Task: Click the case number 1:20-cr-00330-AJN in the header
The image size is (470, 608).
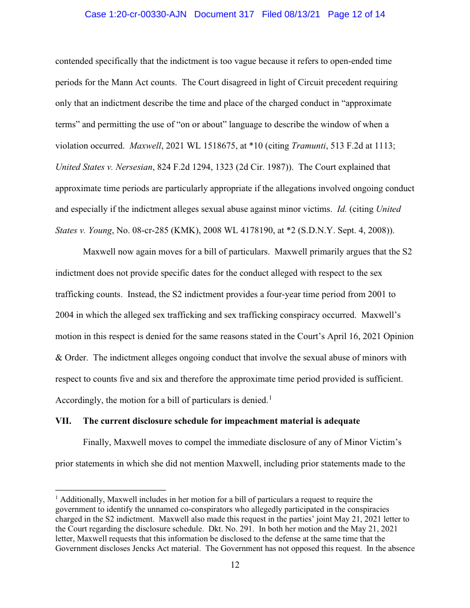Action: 136,14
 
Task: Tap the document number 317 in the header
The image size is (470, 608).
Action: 245,14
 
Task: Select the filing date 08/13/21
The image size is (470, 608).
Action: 304,14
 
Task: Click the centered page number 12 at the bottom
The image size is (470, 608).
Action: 235,565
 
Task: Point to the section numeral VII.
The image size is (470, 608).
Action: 63,421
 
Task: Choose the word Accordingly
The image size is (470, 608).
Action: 79,400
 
